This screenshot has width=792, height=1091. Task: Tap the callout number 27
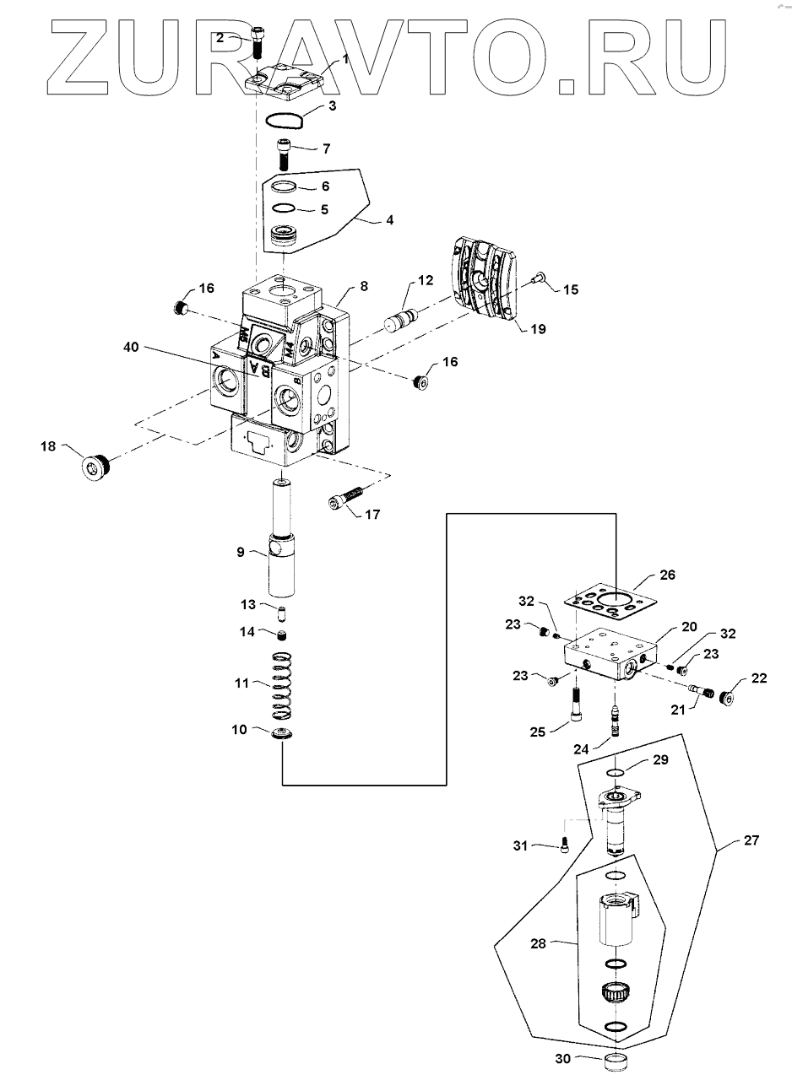tap(751, 840)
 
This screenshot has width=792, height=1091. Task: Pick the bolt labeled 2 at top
tap(259, 41)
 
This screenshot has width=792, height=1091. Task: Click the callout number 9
tap(240, 552)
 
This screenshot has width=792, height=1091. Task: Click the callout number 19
tap(539, 329)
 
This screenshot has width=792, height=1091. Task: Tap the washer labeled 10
tap(283, 734)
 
